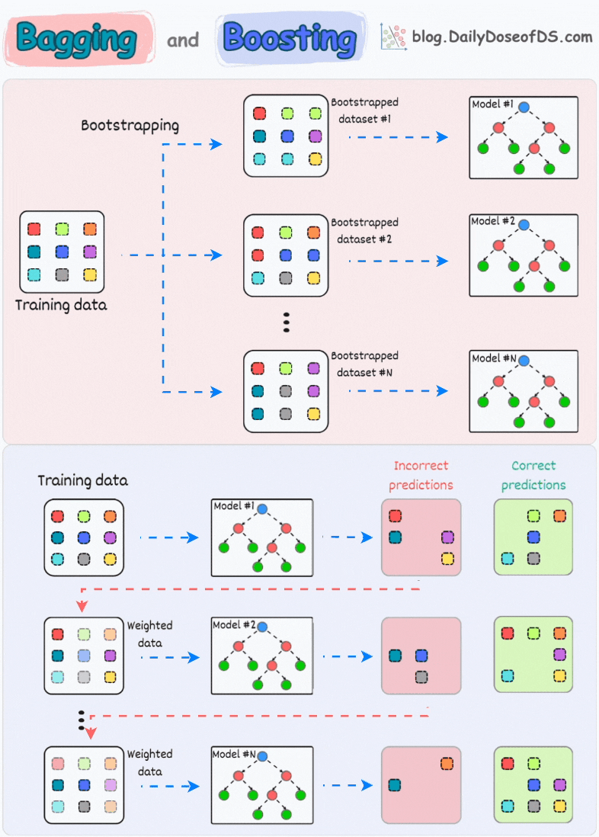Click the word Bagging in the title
(x=75, y=37)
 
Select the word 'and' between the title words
(x=183, y=40)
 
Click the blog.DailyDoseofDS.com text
(x=501, y=36)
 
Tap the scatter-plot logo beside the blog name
(x=393, y=36)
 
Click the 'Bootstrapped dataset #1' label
(x=364, y=110)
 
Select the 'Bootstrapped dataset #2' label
(x=364, y=230)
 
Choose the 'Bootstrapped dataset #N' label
(x=364, y=364)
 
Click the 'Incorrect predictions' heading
(x=421, y=475)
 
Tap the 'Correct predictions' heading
(x=533, y=475)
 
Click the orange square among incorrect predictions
(x=447, y=763)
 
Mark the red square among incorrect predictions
(x=395, y=516)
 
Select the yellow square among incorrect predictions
(x=447, y=559)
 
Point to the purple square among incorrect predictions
(x=447, y=537)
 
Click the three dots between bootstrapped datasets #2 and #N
(x=287, y=321)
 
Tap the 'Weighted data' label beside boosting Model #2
(x=149, y=633)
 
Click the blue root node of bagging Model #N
(x=524, y=361)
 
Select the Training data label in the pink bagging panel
(x=61, y=306)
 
